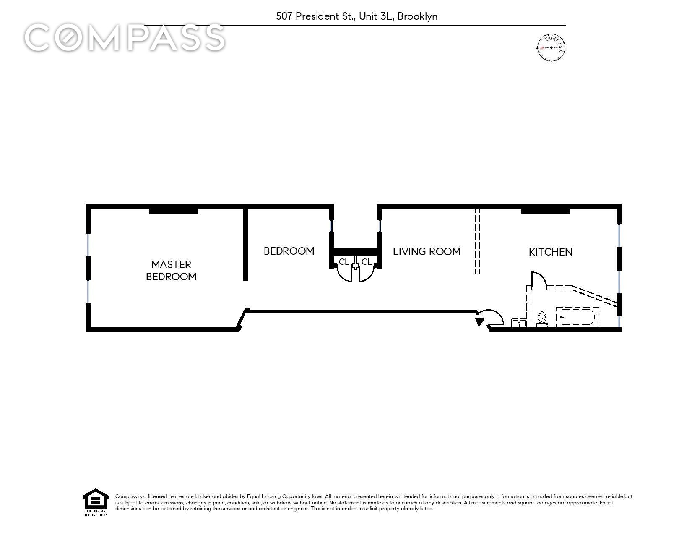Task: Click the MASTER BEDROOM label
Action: [x=171, y=270]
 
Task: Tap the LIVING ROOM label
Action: [x=427, y=251]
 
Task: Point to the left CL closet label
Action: [x=343, y=261]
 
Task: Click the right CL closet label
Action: [x=367, y=261]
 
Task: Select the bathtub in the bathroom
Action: [x=578, y=317]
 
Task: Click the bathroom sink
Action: [x=518, y=323]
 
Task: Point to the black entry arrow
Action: [x=479, y=321]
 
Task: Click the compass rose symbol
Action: [x=551, y=48]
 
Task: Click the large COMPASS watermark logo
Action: [x=125, y=37]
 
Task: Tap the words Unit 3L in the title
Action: [x=377, y=16]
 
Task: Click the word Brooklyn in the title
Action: [x=417, y=16]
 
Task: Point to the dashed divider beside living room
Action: [x=477, y=241]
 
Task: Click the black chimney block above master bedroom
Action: [x=174, y=211]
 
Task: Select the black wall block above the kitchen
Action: [x=545, y=211]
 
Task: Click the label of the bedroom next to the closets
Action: [x=289, y=251]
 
